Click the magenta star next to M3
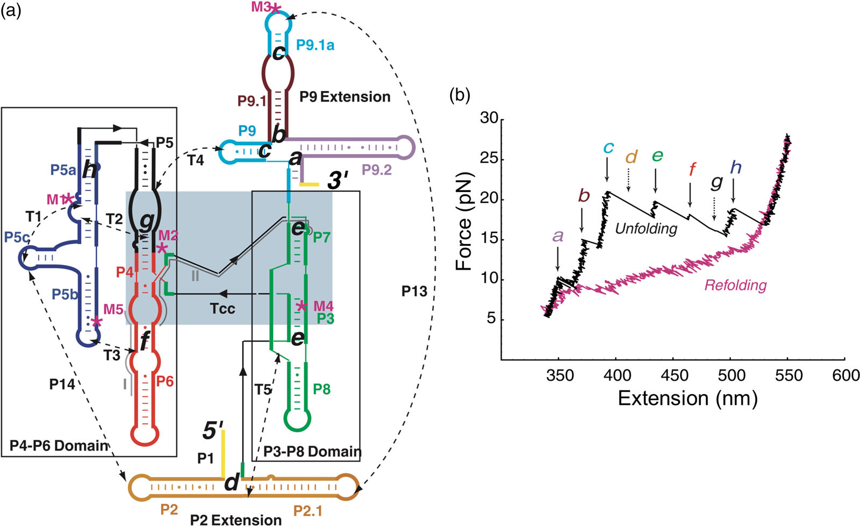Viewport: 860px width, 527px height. pyautogui.click(x=276, y=8)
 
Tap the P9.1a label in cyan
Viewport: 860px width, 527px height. pyautogui.click(x=315, y=45)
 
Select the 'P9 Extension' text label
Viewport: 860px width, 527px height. pyautogui.click(x=345, y=97)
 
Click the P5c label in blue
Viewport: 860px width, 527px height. pyautogui.click(x=17, y=238)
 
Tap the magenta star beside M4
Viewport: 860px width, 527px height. pyautogui.click(x=302, y=306)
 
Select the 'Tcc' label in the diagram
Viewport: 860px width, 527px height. pyautogui.click(x=223, y=309)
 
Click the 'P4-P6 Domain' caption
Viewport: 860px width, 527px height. pyautogui.click(x=59, y=446)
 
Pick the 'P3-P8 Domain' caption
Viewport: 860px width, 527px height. pyautogui.click(x=312, y=452)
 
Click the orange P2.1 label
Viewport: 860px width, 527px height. pyautogui.click(x=307, y=510)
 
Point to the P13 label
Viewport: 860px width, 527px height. pyautogui.click(x=414, y=291)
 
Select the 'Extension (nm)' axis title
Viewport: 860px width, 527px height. pyautogui.click(x=687, y=398)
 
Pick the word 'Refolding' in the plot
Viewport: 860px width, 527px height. pyautogui.click(x=735, y=285)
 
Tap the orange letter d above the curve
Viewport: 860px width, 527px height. pyautogui.click(x=631, y=157)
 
